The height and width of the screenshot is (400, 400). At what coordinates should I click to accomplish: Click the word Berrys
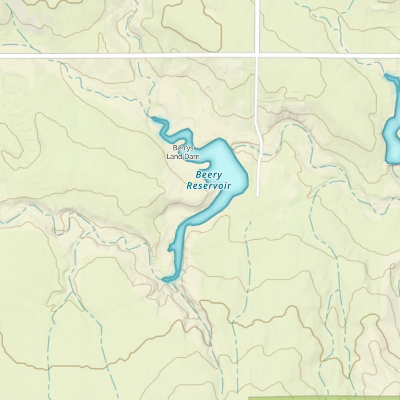click(183, 148)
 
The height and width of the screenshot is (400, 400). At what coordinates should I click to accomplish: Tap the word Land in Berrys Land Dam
click(174, 157)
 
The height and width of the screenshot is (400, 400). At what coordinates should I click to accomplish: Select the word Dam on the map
click(192, 157)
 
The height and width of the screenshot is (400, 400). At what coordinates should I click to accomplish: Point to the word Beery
click(209, 175)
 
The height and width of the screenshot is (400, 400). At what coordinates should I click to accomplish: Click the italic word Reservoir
click(209, 186)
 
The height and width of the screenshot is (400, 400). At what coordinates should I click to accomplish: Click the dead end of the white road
click(258, 196)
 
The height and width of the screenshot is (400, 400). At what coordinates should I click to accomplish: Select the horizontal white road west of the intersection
click(120, 55)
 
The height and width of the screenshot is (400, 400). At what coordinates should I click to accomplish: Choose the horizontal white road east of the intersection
click(328, 55)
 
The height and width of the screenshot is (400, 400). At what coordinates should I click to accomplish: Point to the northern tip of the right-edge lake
click(387, 75)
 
